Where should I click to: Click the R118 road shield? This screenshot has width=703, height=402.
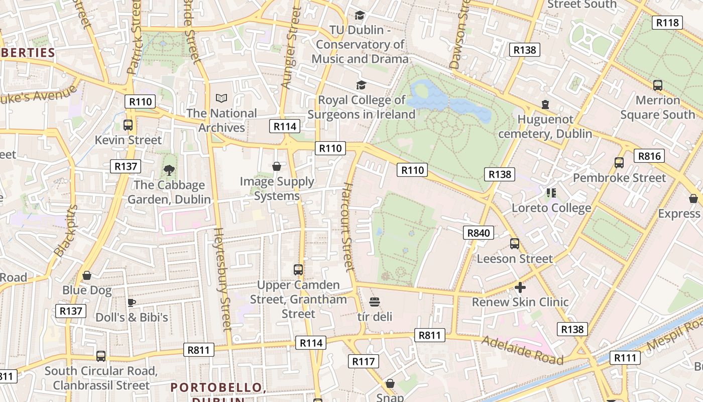coord(667,22)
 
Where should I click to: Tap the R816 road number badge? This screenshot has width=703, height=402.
coord(649,156)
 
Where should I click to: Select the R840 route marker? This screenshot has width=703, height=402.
coord(478,233)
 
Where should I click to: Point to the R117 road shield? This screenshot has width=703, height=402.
coord(364,361)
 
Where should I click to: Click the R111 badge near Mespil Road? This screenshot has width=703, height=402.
coord(625,358)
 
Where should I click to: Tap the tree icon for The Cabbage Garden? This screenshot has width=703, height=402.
coord(169,170)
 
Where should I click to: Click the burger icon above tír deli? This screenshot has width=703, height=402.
coord(375,302)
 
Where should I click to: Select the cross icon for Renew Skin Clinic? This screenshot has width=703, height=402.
coord(520,287)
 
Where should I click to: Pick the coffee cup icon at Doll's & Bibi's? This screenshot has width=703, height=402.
coord(131,303)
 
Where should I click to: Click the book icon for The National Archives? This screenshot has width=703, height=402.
coord(221,98)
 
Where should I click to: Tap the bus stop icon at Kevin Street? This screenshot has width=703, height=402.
coord(128,125)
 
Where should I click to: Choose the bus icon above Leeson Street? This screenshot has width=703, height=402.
coord(515,244)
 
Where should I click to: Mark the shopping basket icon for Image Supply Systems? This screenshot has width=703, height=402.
coord(276,166)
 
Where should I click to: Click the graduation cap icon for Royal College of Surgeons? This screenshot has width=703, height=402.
coord(361,85)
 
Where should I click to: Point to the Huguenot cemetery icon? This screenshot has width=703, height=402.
coord(545,105)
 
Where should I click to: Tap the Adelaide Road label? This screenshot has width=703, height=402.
coord(522,350)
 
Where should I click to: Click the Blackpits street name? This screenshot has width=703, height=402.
coord(66,231)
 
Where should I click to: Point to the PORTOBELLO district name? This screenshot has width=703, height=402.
coord(217,387)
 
